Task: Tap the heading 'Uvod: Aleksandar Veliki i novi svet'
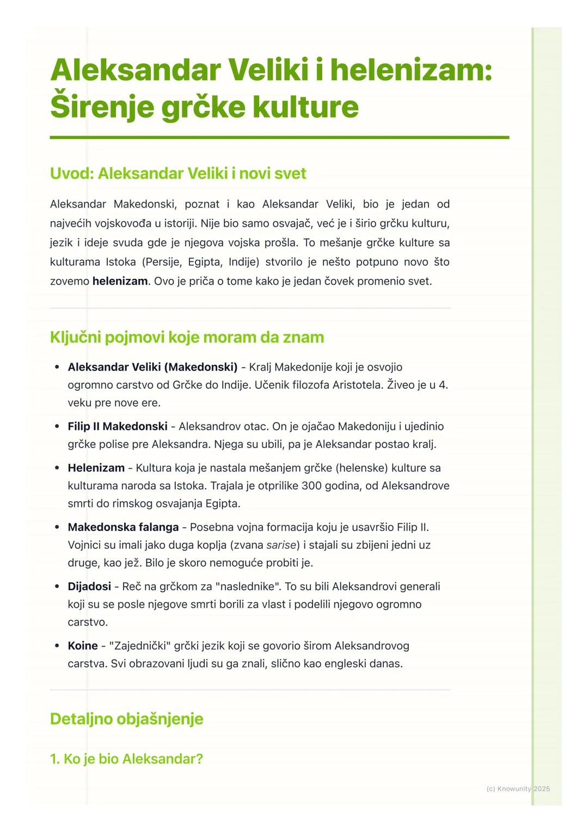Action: [178, 174]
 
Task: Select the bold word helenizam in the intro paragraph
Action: [120, 282]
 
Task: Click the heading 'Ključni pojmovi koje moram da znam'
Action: [187, 338]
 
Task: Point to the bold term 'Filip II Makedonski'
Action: [118, 426]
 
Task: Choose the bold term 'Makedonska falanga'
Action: [123, 527]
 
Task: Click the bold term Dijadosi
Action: [89, 586]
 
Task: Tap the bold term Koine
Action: [83, 646]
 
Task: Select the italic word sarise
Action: [281, 545]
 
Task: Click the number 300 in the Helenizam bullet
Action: [311, 486]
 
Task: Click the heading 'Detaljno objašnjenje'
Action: [126, 719]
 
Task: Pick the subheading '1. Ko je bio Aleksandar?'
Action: [126, 759]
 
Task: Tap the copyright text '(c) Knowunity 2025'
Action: [518, 788]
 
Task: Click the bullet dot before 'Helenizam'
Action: [57, 468]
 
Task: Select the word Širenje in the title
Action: [102, 107]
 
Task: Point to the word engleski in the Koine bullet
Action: [345, 664]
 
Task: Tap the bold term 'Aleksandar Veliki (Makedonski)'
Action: [152, 367]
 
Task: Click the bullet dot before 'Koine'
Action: [57, 646]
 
